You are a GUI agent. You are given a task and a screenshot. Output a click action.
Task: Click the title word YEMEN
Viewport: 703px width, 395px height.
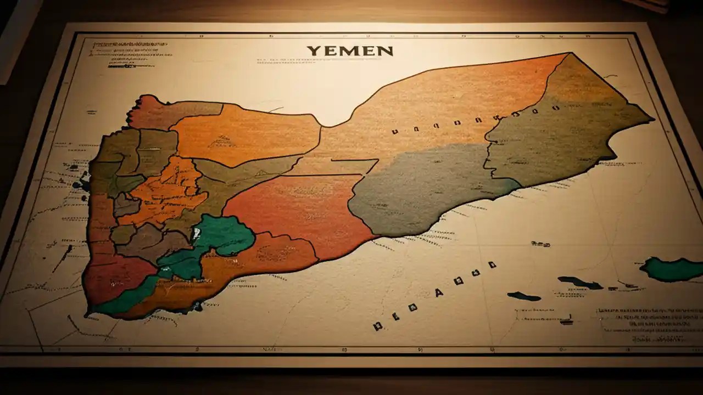click(x=350, y=51)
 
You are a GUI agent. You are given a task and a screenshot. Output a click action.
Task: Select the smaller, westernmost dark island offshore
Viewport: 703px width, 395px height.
click(x=524, y=296)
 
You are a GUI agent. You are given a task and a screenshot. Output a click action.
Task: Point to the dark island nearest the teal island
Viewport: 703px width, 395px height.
click(x=580, y=283)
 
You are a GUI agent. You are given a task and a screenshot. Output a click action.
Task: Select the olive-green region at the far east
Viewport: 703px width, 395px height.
click(x=566, y=132)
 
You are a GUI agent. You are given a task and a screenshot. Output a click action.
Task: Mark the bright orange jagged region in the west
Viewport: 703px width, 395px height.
click(x=165, y=189)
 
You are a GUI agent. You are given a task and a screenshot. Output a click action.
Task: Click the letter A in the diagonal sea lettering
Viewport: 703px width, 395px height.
click(x=439, y=292)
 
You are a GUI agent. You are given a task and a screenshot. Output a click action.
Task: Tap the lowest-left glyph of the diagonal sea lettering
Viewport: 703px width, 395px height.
click(x=377, y=326)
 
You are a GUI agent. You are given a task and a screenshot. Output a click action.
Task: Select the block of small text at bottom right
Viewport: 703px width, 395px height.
click(x=648, y=324)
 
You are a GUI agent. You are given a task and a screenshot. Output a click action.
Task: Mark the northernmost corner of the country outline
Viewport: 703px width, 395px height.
click(x=571, y=53)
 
